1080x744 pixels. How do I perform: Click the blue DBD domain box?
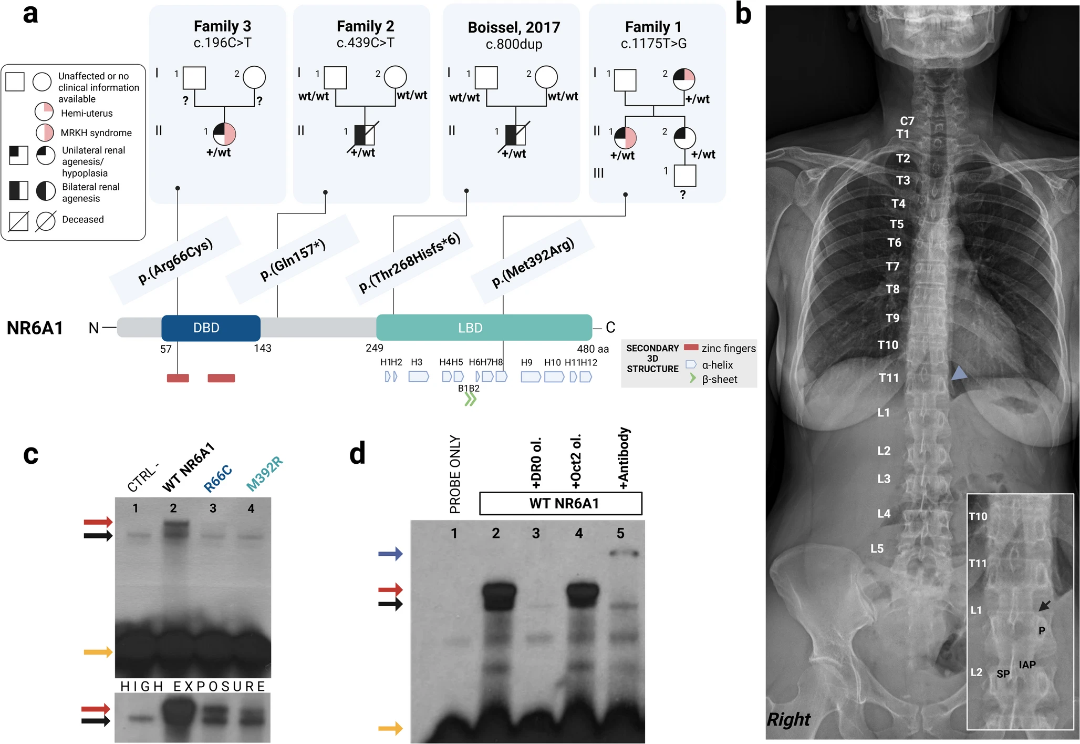click(211, 328)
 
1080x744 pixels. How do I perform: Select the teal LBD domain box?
click(484, 328)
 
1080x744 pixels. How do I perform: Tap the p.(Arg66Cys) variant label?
click(175, 261)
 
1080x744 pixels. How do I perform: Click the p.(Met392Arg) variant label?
click(533, 262)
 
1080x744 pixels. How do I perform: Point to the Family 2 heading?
click(365, 26)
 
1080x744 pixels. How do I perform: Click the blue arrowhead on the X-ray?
click(959, 373)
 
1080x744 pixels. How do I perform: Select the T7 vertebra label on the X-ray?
click(892, 266)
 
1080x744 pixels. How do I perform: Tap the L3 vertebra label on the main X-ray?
click(884, 478)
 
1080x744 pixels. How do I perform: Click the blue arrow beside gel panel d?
click(390, 553)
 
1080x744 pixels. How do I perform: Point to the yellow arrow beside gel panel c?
click(98, 652)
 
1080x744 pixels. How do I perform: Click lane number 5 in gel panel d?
click(620, 533)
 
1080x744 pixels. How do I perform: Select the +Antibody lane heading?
click(624, 458)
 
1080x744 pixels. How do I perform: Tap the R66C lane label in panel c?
click(217, 478)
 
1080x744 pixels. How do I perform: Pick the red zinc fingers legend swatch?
click(691, 348)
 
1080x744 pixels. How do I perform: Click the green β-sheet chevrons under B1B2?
click(470, 400)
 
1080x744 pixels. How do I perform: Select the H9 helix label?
click(526, 362)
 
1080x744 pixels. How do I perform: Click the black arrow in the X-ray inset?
click(1045, 606)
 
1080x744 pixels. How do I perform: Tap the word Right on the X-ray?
click(788, 719)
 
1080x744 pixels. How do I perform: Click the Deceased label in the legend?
click(83, 219)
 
